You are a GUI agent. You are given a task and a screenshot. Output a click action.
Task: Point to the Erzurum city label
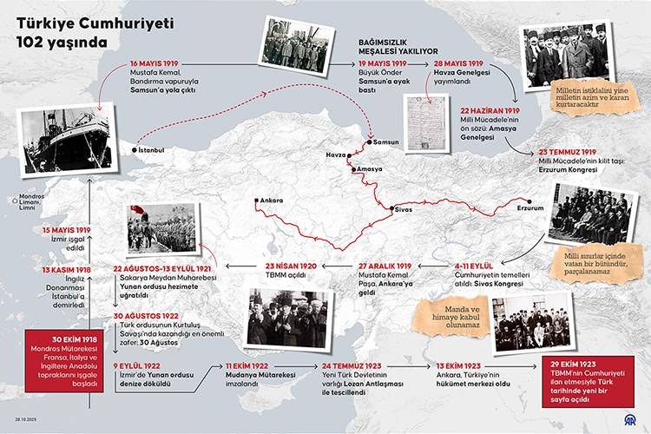pyautogui.click(x=529, y=208)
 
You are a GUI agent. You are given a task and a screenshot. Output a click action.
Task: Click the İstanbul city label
pyautogui.click(x=149, y=150)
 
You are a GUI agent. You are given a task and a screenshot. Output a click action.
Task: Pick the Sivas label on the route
pyautogui.click(x=403, y=209)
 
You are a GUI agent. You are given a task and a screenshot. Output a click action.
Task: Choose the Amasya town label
pyautogui.click(x=369, y=169)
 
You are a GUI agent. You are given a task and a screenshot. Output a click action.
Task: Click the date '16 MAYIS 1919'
pyautogui.click(x=155, y=64)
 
